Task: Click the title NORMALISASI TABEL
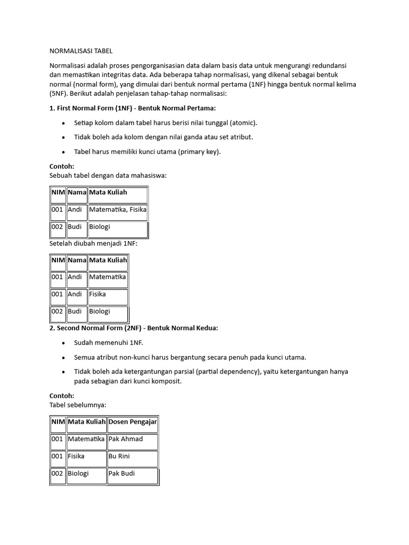81,51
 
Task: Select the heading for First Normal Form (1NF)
133,108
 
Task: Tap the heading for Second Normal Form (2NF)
134,328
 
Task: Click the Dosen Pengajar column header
133,422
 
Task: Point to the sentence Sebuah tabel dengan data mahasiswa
108,175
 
